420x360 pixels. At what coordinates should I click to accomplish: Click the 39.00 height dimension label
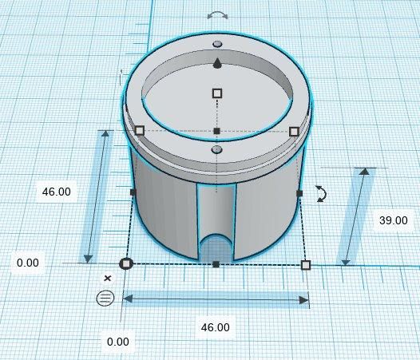pos(393,220)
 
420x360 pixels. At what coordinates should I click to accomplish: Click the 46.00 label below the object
pos(215,327)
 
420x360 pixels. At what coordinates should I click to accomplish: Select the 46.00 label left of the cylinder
pos(57,192)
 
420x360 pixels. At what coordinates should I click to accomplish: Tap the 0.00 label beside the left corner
pos(28,263)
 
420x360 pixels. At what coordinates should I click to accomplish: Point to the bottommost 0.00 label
pos(118,342)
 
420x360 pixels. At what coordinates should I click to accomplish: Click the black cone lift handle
pos(217,64)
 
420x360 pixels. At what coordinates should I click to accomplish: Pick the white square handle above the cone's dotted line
pos(217,93)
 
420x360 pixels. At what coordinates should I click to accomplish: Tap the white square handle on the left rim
pos(140,131)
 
